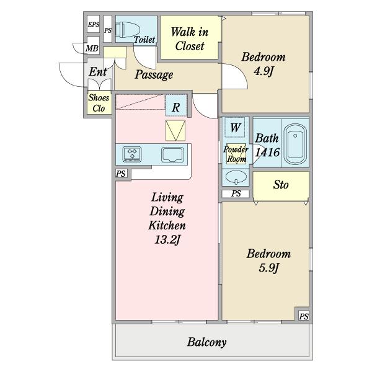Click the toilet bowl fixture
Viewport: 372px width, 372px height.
pos(128,29)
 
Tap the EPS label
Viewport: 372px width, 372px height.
pos(93,24)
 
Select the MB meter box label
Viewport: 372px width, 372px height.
pos(92,48)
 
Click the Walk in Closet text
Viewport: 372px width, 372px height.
pos(190,39)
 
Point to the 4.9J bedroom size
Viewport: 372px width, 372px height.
pos(264,71)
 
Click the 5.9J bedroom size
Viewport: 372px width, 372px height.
pos(268,268)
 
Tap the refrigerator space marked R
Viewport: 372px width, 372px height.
pos(175,107)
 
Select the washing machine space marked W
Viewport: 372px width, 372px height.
pos(235,128)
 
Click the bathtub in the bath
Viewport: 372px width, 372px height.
pos(295,144)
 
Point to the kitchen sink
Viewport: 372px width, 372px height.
pos(172,155)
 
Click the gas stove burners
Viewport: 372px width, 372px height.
pos(132,154)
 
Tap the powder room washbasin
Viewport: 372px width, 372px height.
pos(236,177)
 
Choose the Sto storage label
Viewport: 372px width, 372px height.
pos(281,185)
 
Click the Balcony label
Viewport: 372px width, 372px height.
pos(206,342)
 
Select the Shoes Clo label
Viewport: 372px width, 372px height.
pos(99,103)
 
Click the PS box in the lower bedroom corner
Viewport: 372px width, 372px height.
pos(304,316)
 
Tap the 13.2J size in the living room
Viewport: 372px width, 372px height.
pos(167,239)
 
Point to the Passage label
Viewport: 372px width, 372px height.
pos(154,75)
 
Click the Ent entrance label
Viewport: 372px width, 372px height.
pos(98,72)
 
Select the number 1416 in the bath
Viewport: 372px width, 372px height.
pos(267,153)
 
